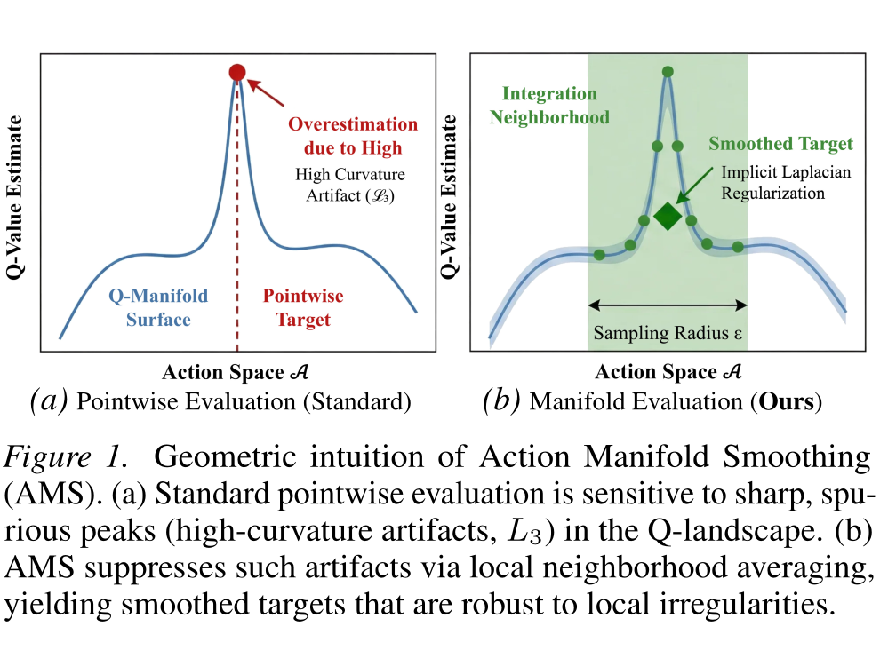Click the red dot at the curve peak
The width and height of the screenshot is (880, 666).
click(237, 72)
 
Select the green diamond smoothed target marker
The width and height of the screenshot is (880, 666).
click(668, 216)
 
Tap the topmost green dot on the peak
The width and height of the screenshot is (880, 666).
click(668, 72)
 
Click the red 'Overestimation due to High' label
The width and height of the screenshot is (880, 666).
click(353, 136)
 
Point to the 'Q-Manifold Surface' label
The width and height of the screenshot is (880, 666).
click(158, 307)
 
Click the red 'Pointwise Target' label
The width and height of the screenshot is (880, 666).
click(303, 307)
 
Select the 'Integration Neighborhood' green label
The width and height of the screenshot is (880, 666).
click(549, 105)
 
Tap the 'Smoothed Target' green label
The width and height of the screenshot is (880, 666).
click(780, 144)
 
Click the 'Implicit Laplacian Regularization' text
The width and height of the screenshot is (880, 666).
click(786, 183)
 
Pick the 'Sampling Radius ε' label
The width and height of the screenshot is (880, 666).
click(668, 333)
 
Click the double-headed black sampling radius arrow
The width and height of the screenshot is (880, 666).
click(668, 305)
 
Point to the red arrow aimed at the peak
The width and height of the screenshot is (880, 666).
click(266, 93)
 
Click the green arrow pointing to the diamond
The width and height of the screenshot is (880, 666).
click(695, 185)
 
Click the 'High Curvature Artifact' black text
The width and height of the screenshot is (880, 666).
click(350, 185)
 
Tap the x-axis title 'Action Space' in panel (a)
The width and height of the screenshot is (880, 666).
click(223, 372)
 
